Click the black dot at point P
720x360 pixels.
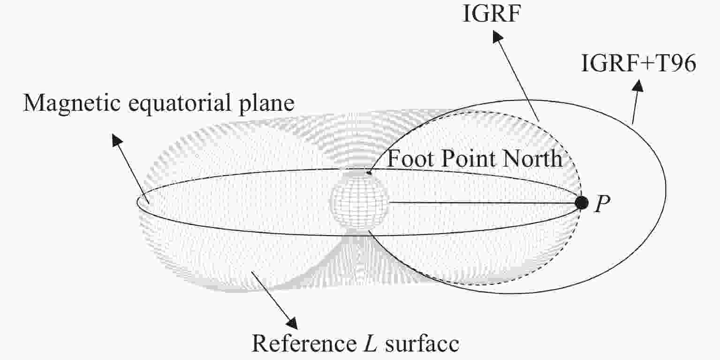582,203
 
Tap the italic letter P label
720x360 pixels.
602,204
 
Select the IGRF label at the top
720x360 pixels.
492,14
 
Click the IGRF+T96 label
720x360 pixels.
638,63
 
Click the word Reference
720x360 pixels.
304,344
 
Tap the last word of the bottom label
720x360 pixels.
422,344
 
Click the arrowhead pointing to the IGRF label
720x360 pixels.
497,36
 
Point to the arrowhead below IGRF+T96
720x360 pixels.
638,85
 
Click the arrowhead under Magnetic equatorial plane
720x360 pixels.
117,140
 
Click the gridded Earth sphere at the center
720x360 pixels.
359,201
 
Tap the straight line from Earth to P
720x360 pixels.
482,203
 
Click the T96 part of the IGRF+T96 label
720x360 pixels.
676,63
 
